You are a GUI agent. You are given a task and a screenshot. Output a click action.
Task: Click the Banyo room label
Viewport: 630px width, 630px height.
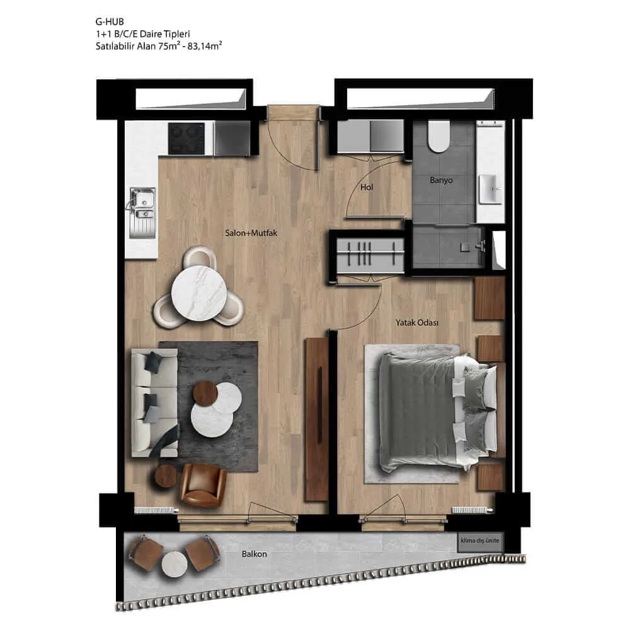[x=441, y=180]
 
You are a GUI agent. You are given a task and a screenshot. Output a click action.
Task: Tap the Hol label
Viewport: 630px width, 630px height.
[x=367, y=187]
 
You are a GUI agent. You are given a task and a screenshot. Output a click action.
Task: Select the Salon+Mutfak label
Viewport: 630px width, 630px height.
[x=251, y=233]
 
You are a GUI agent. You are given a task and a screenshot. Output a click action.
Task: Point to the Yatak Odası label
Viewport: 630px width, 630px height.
[x=416, y=323]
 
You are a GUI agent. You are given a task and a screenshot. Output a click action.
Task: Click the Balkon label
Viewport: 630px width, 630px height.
[x=255, y=554]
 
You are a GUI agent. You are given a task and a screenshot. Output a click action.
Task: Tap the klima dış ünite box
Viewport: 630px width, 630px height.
[x=480, y=541]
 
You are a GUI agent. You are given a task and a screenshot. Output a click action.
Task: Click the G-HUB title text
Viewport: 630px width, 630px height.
[x=110, y=21]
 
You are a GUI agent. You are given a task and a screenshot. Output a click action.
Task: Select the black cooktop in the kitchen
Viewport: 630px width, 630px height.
[x=186, y=139]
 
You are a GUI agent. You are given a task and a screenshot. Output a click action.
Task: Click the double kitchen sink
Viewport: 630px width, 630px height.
[x=142, y=212]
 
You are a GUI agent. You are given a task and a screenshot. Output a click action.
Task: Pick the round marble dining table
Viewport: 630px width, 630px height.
[x=199, y=294]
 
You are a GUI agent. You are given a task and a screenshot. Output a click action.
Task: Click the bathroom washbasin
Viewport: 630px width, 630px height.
[x=490, y=189]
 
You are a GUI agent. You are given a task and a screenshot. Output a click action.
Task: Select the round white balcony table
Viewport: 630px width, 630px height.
[x=175, y=564]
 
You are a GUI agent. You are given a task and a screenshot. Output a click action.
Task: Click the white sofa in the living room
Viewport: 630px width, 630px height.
[x=155, y=403]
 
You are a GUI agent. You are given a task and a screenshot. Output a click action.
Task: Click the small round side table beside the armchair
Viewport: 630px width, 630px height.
[x=168, y=476]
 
